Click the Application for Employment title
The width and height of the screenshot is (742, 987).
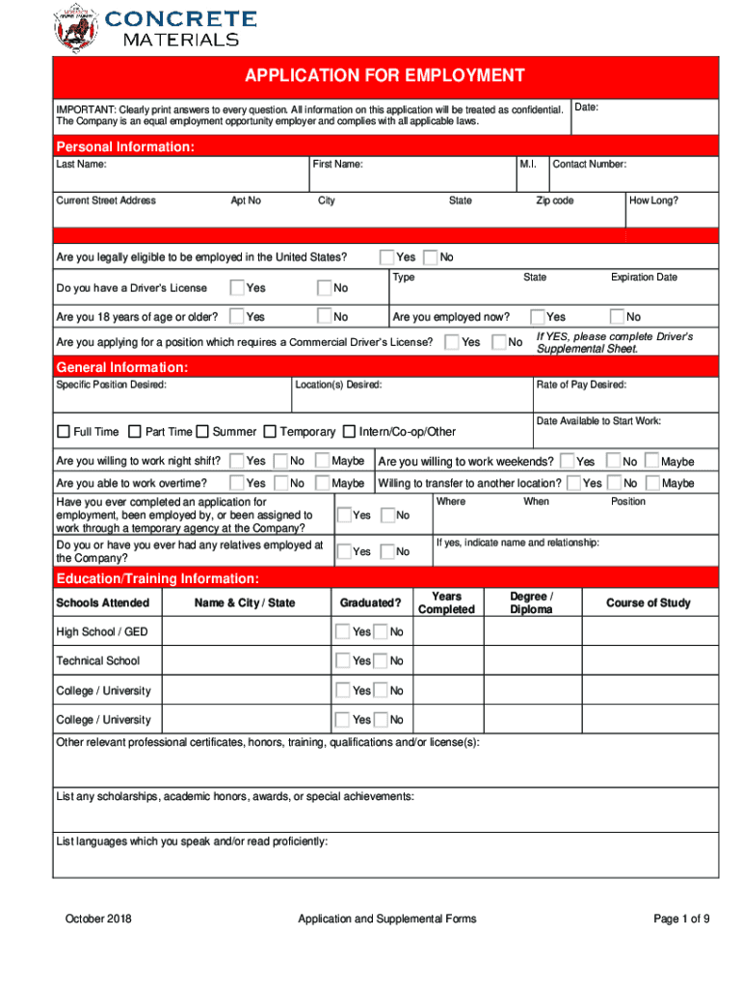(384, 76)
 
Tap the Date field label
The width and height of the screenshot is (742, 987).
(586, 107)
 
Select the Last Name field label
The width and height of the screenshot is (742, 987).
(81, 165)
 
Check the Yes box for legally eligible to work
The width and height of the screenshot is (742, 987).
(386, 257)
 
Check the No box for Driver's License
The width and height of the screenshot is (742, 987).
(326, 287)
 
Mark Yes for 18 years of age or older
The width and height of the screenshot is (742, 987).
(237, 316)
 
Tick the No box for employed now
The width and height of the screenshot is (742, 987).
(617, 316)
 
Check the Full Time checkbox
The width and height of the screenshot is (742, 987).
(64, 432)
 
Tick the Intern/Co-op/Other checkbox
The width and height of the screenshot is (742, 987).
(350, 432)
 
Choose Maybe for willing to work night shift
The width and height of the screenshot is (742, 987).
(323, 461)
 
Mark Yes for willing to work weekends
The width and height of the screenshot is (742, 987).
(568, 462)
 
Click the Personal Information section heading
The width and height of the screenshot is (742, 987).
(125, 147)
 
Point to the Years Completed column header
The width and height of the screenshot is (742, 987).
(446, 603)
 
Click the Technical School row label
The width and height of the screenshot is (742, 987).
(97, 661)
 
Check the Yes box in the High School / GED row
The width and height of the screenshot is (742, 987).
(342, 632)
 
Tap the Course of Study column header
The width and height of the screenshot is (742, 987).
(648, 603)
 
